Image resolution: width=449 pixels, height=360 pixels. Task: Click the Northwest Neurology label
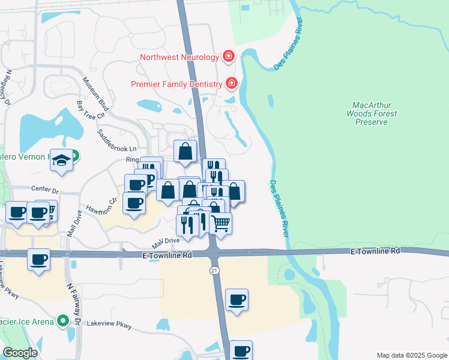pos(179,58)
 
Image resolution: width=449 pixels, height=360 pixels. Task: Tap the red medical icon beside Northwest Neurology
pos(229,57)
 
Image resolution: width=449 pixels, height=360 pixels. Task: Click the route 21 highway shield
pos(213,271)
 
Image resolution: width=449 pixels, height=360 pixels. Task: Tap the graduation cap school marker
pos(61,160)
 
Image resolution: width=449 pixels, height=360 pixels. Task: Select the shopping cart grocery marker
pos(220,223)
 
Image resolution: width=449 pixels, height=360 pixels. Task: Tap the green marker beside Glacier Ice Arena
pos(62,321)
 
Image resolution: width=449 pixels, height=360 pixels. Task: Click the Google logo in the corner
pos(20,353)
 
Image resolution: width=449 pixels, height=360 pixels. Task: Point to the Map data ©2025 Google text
pos(411,355)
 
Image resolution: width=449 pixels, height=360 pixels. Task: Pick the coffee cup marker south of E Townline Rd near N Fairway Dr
pos(39,260)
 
